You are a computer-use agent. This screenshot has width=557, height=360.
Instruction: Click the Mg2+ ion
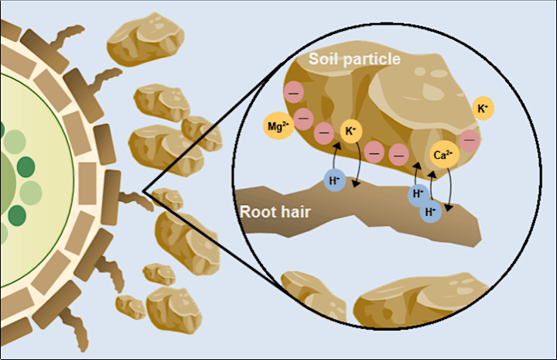pos(278,125)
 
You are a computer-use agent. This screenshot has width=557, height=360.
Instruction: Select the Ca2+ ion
pos(444,155)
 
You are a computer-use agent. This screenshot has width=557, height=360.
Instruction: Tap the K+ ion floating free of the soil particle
pos(483,108)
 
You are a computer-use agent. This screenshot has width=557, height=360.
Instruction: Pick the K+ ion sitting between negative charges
pos(351,131)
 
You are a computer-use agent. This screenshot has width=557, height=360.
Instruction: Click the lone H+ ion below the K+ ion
pos(335,180)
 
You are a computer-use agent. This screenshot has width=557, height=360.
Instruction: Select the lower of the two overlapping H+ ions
pos(431,212)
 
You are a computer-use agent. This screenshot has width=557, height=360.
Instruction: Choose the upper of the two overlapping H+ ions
pos(418,194)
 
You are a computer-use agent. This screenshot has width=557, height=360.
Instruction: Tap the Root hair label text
pos(275,212)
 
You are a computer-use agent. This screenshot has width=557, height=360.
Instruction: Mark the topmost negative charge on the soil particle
pos(294,93)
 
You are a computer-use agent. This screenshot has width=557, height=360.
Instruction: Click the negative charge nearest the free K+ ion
pos(470,140)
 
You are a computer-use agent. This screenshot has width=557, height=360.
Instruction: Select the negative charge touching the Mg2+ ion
pos(303,118)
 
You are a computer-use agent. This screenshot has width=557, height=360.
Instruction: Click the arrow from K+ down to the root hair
pos(360,164)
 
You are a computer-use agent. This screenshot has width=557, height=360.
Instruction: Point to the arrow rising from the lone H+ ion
pos(334,156)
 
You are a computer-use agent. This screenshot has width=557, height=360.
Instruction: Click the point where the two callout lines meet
pos(143,191)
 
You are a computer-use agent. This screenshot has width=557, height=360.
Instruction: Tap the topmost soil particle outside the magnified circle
pos(145,39)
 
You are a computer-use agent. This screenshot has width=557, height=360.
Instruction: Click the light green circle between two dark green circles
pos(30,193)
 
